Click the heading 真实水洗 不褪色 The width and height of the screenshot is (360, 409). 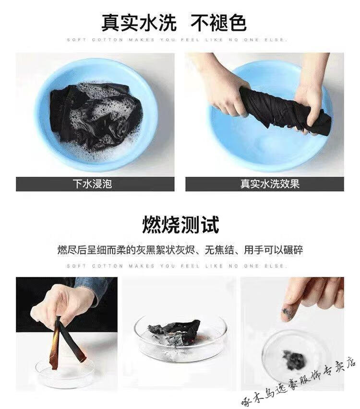click(174, 23)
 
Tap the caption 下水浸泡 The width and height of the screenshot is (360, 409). click(93, 184)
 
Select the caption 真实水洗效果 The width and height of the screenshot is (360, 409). click(270, 184)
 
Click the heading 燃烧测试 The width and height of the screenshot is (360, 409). click(180, 224)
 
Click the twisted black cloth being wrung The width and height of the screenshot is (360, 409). click(285, 109)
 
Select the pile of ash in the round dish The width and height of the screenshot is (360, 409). click(293, 360)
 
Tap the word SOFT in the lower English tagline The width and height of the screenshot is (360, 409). click(76, 266)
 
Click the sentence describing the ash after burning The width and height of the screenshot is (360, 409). click(180, 250)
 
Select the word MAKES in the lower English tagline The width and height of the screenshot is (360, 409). click(142, 266)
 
